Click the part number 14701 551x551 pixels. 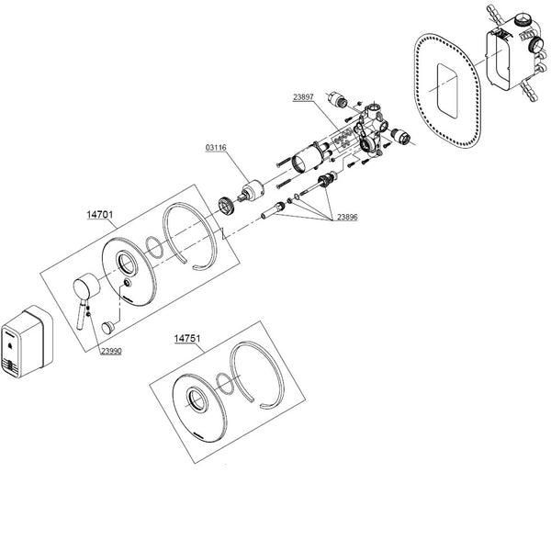tap(99, 216)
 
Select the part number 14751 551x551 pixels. tap(187, 338)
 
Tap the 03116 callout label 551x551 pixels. tap(217, 146)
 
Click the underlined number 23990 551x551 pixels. tap(110, 350)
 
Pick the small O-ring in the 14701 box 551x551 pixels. tap(155, 247)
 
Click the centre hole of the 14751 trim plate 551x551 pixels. tap(197, 399)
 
